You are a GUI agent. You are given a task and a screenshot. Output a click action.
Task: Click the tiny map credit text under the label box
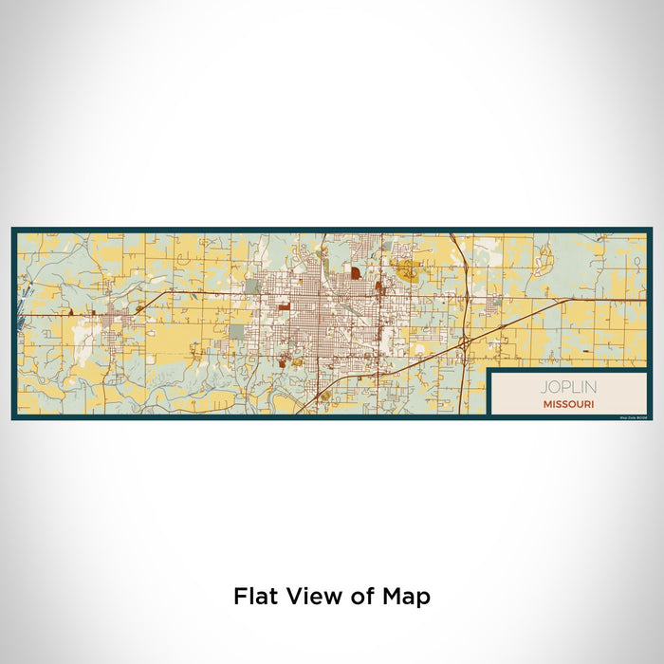[x=633, y=415]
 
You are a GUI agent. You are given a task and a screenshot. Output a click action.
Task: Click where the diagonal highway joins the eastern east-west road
[x=566, y=301]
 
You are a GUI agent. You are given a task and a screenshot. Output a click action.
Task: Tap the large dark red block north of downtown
[x=355, y=273]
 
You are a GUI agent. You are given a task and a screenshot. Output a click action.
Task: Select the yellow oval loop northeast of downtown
[x=409, y=273]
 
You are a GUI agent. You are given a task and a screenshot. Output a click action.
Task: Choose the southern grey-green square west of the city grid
[x=235, y=331]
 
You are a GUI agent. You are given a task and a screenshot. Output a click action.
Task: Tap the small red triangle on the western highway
[x=70, y=310]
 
